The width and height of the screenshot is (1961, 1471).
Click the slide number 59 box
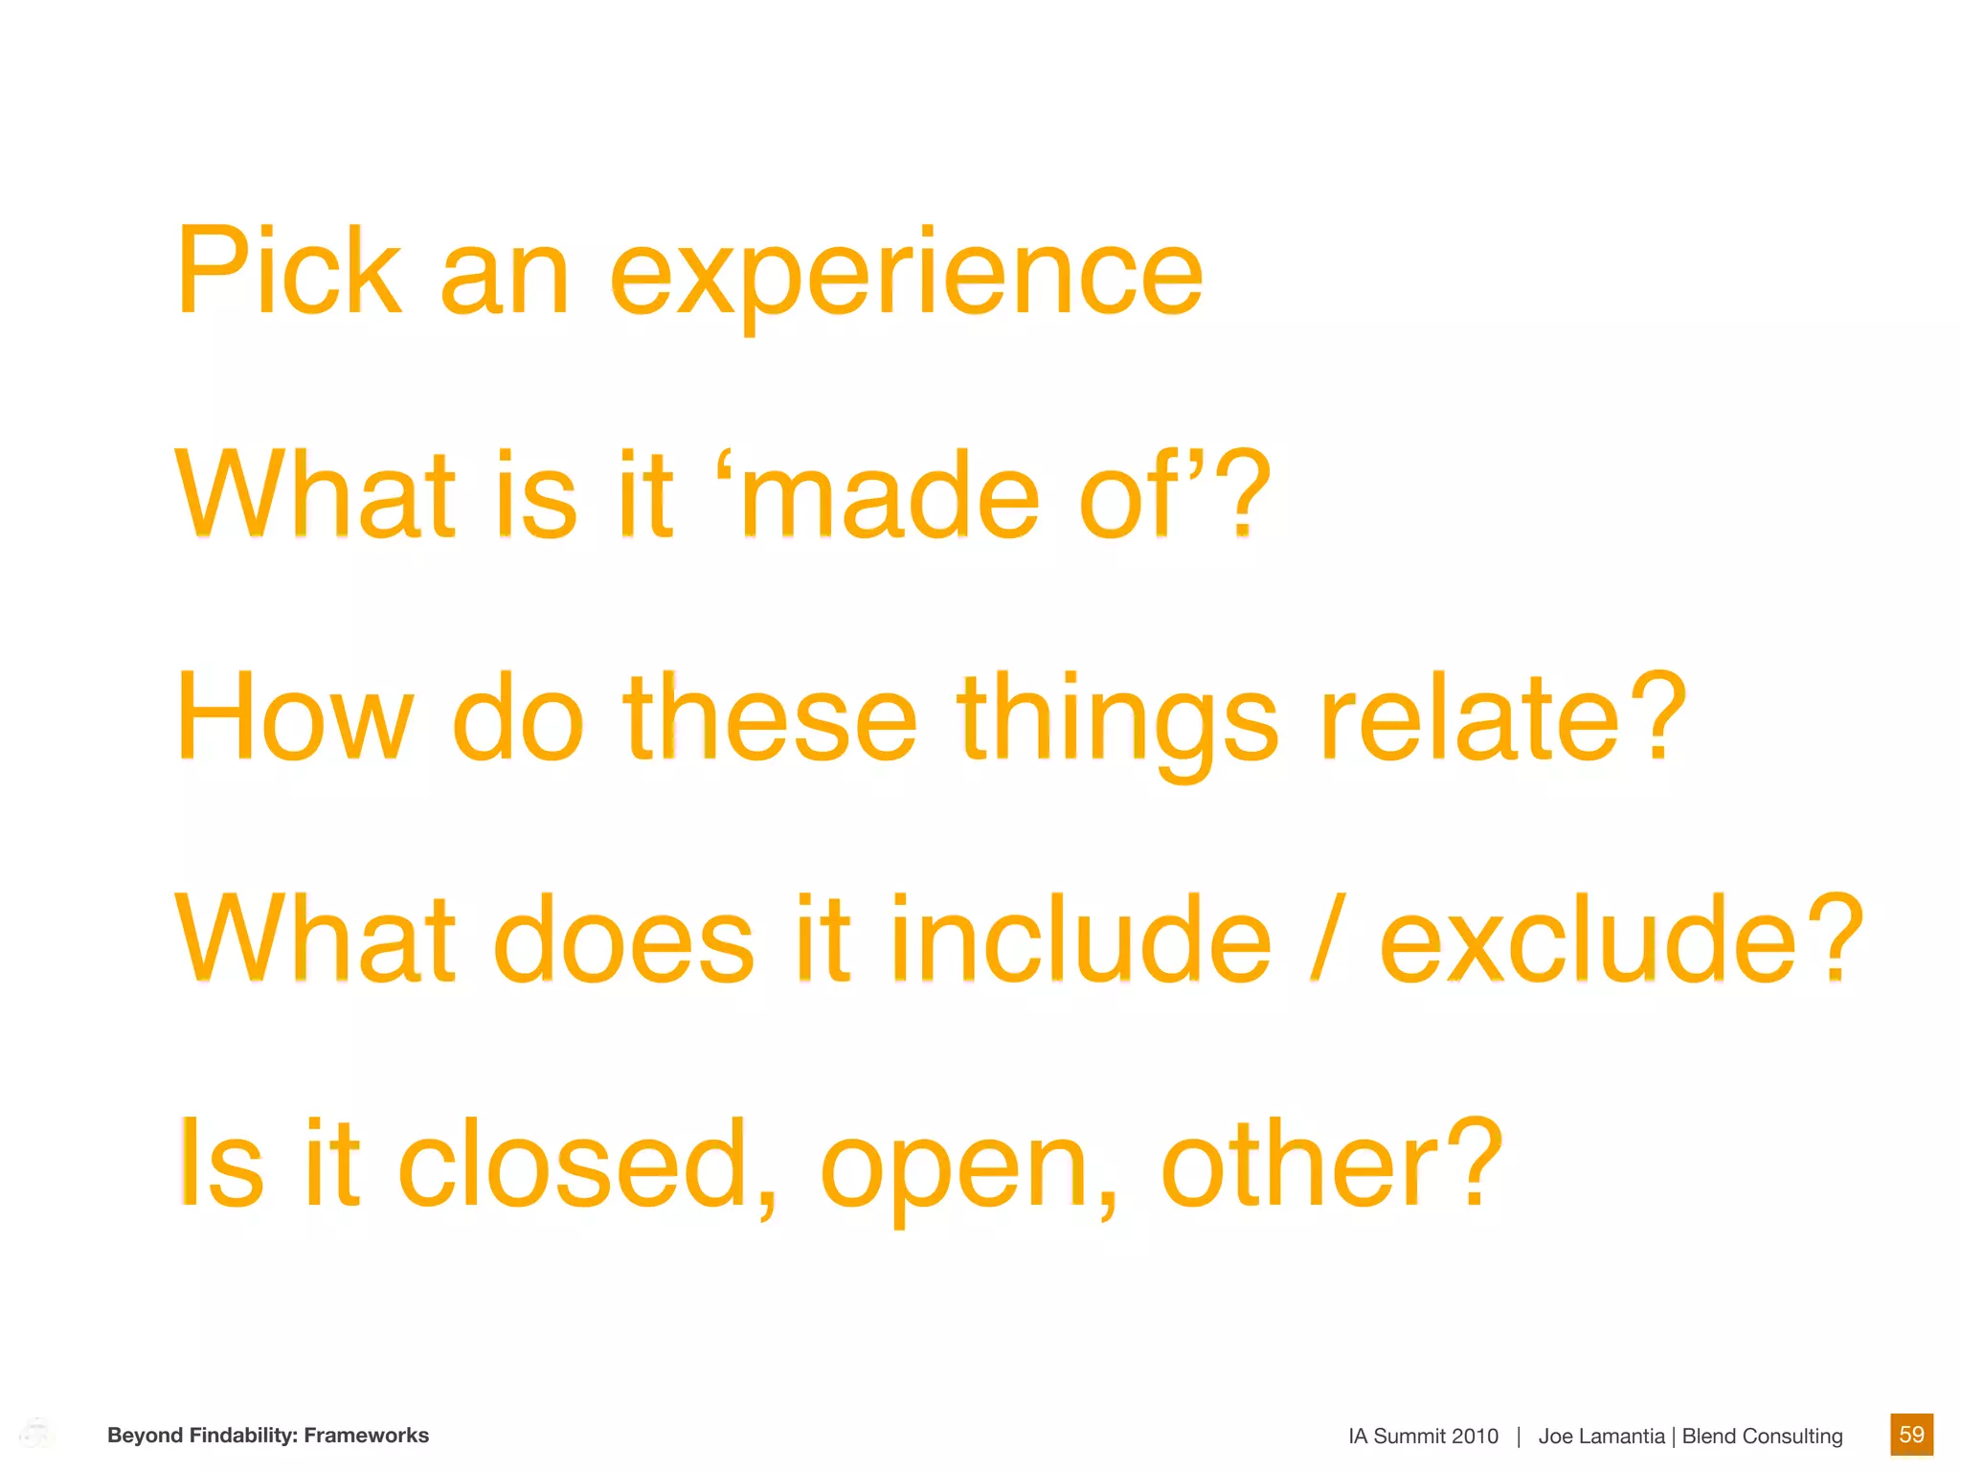tap(1911, 1435)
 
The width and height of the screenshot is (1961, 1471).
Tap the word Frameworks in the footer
tap(367, 1436)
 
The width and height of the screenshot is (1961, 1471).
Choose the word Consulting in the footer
tap(1792, 1437)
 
